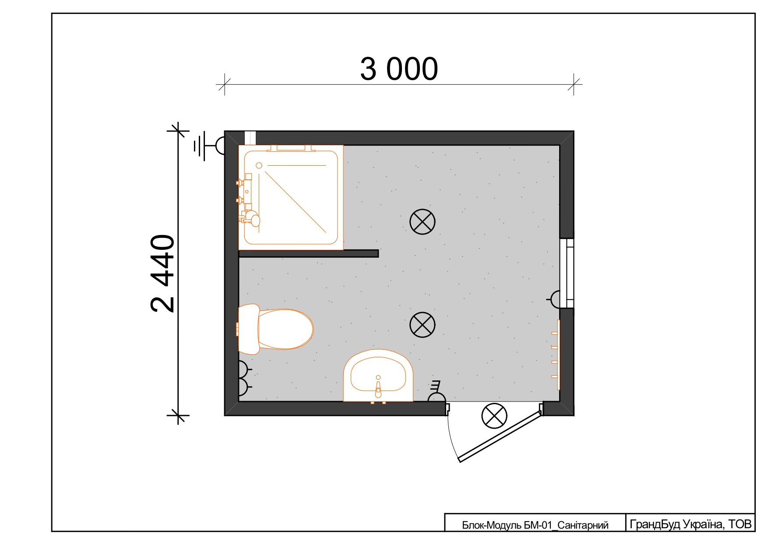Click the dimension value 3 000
pos(399,69)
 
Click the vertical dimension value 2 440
pos(162,273)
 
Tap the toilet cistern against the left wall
pos(249,329)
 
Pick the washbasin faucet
pos(378,387)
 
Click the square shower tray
pos(291,197)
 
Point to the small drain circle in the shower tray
pos(259,166)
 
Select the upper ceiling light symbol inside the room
pos(423,222)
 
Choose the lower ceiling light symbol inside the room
pos(423,325)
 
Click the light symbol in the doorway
pos(494,416)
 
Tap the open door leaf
pos(500,436)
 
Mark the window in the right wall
pos(567,273)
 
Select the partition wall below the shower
pos(309,253)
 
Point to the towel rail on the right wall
pos(556,355)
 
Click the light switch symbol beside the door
pos(436,392)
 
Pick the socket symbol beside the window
pos(554,299)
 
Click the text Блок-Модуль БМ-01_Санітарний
pos(535,525)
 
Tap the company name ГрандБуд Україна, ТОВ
pos(690,524)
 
